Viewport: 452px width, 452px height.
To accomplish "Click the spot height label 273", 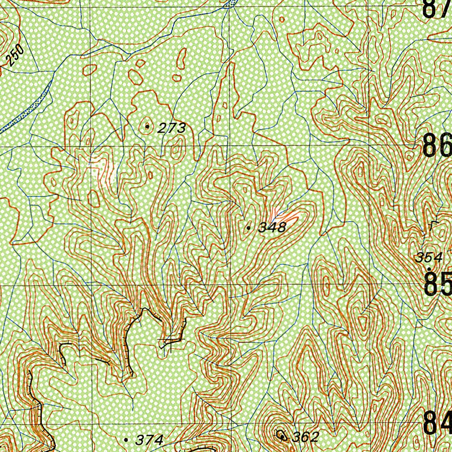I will [x=172, y=128].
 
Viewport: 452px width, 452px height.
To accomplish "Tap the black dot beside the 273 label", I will [x=147, y=127].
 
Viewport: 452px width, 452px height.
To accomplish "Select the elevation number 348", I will [x=272, y=228].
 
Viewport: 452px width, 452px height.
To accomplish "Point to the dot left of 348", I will [x=249, y=228].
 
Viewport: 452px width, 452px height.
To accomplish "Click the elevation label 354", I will [x=429, y=257].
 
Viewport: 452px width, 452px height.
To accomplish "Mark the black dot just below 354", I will [x=429, y=268].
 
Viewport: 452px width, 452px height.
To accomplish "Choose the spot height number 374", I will [x=150, y=440].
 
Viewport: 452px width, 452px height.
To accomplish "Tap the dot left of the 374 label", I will [x=127, y=440].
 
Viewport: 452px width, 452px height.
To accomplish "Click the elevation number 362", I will [x=305, y=437].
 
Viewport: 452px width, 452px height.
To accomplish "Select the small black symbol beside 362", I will [x=282, y=435].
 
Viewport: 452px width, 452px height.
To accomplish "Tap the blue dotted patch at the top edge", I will [x=229, y=4].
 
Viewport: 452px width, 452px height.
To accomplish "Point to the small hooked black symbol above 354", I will [x=431, y=226].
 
